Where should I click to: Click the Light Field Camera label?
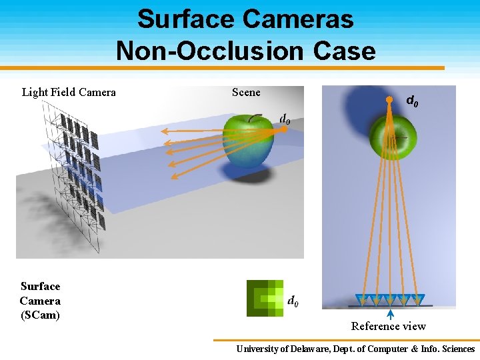click(x=69, y=92)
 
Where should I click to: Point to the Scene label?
click(x=246, y=92)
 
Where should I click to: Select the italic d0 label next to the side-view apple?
click(x=285, y=119)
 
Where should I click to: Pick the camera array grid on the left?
click(x=73, y=180)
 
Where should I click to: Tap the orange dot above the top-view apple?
click(x=389, y=99)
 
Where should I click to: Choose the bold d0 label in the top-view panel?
click(x=413, y=101)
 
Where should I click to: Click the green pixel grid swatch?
click(x=265, y=298)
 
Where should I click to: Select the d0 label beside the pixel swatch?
click(x=293, y=301)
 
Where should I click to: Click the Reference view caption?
click(x=389, y=326)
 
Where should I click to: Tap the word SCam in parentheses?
click(x=40, y=315)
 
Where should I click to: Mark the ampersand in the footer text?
click(x=415, y=349)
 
